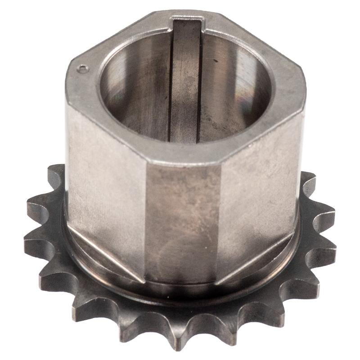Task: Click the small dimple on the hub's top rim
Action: point(81,69)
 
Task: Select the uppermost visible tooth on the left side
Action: point(56,173)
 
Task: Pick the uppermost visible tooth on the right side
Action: point(307,180)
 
